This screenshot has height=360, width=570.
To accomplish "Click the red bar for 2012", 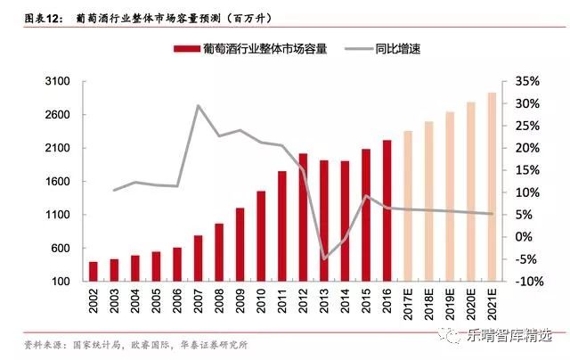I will click(x=303, y=217).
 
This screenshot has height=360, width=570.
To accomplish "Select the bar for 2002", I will click(x=94, y=271).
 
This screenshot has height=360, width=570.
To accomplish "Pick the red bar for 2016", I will click(x=387, y=210).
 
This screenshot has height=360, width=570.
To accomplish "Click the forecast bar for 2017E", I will click(x=407, y=206).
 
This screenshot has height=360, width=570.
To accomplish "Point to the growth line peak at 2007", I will click(x=198, y=106).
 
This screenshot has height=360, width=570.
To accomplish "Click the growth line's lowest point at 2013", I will click(x=324, y=258).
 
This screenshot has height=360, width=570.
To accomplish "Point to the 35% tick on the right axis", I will click(x=526, y=82).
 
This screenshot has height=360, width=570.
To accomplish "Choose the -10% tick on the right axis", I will click(x=526, y=282).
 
